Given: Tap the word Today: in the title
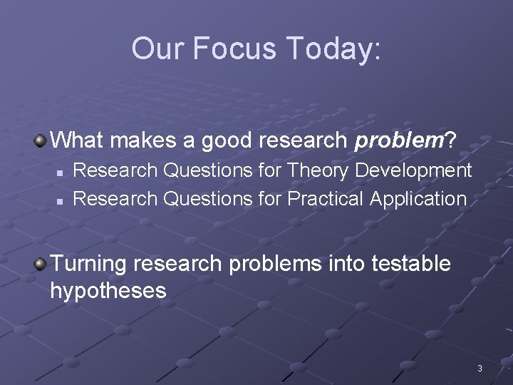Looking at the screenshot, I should click(x=335, y=48).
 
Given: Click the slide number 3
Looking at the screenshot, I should click(x=480, y=369).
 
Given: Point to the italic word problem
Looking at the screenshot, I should click(x=399, y=140).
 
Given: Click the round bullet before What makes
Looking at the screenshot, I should click(x=41, y=140).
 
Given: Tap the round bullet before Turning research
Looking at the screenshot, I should click(x=41, y=265).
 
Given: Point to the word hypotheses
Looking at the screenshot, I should click(x=108, y=291).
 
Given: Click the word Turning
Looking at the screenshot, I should click(x=88, y=264).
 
